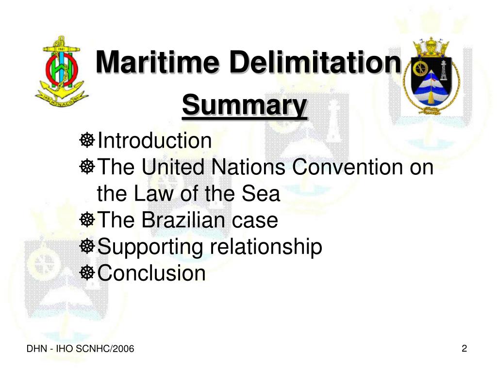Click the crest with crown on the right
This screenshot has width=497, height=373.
point(430,76)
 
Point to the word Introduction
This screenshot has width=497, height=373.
point(154,141)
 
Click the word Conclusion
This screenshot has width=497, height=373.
point(151,273)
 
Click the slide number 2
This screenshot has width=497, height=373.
point(464,348)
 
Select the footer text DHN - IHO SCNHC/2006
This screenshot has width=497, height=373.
point(80,349)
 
